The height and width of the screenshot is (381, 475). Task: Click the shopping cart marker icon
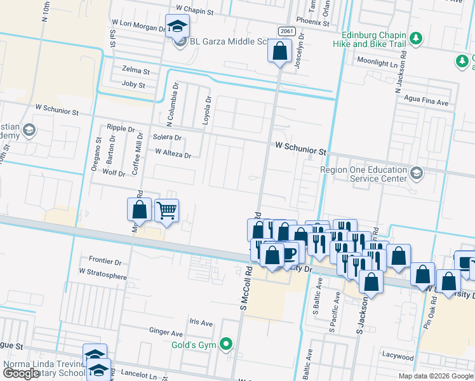166,210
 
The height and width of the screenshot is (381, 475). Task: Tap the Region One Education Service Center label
363,175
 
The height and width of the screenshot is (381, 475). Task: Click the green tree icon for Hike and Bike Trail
417,39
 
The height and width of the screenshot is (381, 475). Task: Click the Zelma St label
135,71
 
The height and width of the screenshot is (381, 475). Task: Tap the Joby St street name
133,84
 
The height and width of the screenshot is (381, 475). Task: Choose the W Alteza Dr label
173,153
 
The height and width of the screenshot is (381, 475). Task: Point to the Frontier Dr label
105,261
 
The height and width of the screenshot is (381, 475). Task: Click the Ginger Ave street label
166,332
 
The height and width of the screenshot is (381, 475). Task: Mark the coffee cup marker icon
289,253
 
